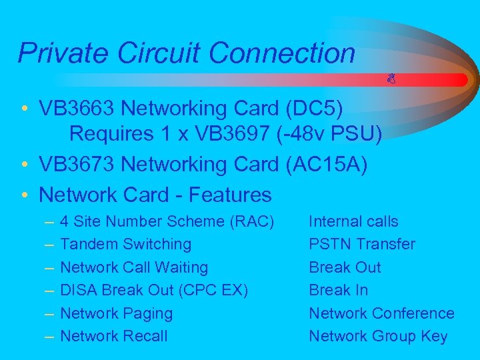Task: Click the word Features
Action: pyautogui.click(x=231, y=195)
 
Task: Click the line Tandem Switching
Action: pyautogui.click(x=125, y=245)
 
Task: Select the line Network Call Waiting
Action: pyautogui.click(x=134, y=267)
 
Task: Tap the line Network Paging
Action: pyautogui.click(x=116, y=313)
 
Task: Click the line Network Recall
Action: pyautogui.click(x=114, y=336)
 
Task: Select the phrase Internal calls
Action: pyautogui.click(x=353, y=221)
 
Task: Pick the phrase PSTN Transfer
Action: pyautogui.click(x=361, y=245)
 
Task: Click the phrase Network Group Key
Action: pyautogui.click(x=378, y=336)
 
